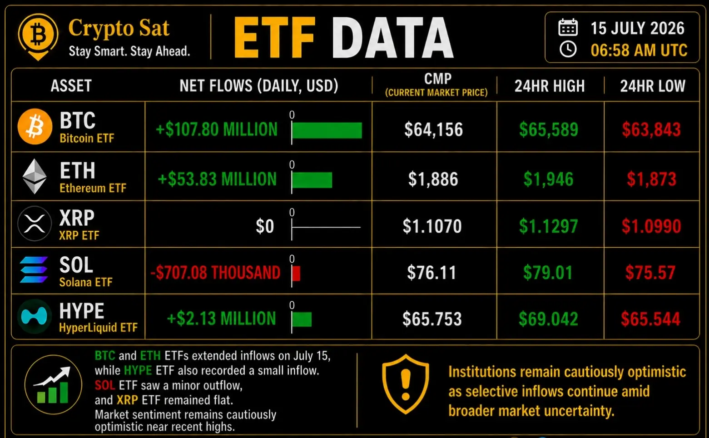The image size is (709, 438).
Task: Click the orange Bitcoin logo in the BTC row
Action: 35,127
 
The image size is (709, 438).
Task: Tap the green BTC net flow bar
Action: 327,130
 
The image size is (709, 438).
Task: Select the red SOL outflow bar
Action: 296,274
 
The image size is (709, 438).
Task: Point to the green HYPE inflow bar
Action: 302,319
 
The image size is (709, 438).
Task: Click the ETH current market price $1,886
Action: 433,179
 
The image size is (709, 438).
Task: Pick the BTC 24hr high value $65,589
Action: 549,129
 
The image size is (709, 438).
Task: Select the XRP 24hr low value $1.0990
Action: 651,226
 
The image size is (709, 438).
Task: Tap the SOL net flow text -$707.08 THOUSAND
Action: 215,273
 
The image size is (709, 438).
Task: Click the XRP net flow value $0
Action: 265,226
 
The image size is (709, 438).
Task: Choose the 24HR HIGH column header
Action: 550,86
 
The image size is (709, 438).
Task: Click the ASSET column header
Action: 71,86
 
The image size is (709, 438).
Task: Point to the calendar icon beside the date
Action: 568,27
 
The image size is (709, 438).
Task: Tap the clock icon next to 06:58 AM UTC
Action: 568,50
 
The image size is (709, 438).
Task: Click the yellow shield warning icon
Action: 406,384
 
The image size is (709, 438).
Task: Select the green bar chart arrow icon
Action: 53,385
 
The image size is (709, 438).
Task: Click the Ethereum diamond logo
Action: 35,176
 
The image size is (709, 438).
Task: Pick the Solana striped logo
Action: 34,269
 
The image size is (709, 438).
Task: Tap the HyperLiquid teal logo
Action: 34,316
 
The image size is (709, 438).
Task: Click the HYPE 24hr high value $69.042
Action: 548,319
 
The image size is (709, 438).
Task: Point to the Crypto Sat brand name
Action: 119,28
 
